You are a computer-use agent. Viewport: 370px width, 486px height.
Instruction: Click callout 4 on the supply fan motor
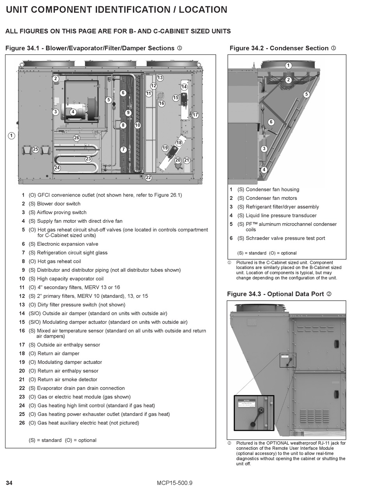[x=73, y=112]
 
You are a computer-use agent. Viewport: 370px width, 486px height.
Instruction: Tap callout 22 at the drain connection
[x=148, y=178]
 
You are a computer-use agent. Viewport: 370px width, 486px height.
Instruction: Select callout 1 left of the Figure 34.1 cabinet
[x=12, y=136]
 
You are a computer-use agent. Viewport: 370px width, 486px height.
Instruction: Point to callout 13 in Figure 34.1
[x=160, y=78]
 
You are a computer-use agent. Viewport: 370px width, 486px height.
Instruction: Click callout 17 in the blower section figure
[x=195, y=115]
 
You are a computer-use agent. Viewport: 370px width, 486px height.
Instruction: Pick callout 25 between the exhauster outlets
[x=35, y=149]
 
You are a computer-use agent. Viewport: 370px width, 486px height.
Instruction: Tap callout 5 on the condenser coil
[x=306, y=94]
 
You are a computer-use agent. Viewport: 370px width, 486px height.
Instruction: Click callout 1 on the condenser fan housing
[x=288, y=65]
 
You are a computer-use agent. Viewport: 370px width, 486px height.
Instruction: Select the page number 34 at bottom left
[x=9, y=483]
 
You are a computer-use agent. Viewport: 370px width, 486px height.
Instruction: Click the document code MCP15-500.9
[x=175, y=483]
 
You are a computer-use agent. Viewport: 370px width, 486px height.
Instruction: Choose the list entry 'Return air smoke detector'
[x=67, y=380]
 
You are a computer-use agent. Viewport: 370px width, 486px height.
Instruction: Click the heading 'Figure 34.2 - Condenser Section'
[x=279, y=48]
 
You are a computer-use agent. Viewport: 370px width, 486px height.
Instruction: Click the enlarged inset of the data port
[x=254, y=413]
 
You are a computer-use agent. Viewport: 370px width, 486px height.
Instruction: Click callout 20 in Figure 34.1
[x=178, y=160]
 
